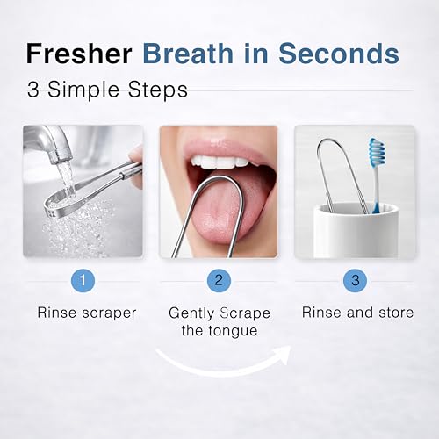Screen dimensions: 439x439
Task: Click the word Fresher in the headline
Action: pos(79,54)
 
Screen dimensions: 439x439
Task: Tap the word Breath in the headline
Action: pos(188,54)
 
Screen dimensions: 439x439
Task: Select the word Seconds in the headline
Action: pos(339,54)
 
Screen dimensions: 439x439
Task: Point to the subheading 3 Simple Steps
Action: pos(107,90)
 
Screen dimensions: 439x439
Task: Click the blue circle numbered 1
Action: pos(83,281)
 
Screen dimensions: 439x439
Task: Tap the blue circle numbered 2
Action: pos(219,281)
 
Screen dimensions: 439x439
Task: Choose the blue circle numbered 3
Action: pos(355,281)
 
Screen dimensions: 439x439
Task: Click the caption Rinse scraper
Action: pos(87,313)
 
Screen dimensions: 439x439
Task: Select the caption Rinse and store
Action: pos(357,313)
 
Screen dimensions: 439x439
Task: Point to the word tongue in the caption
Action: pos(233,331)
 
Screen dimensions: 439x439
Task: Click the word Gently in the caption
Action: pos(191,313)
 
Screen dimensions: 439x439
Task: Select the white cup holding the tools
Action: pos(356,230)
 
